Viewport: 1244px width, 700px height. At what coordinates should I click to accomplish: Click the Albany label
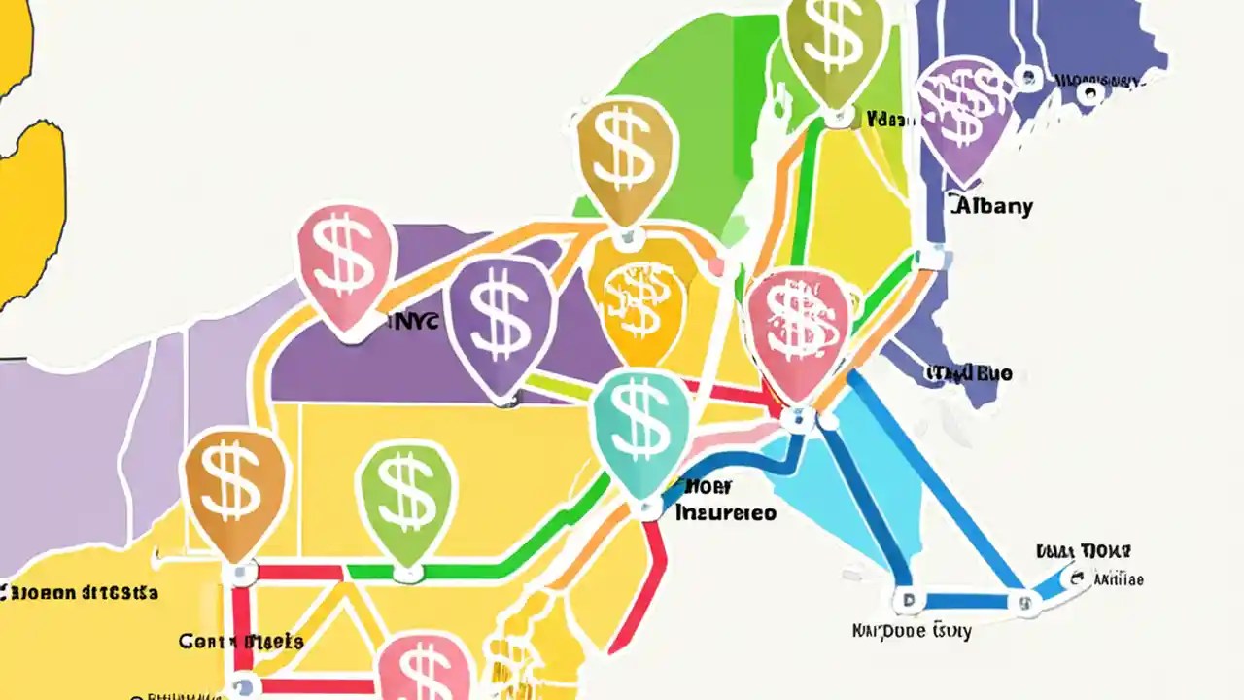[990, 206]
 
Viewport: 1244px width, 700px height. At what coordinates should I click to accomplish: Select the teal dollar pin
[640, 426]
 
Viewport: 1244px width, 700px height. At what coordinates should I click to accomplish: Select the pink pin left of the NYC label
[346, 262]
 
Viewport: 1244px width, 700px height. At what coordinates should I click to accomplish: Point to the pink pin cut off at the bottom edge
[424, 671]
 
